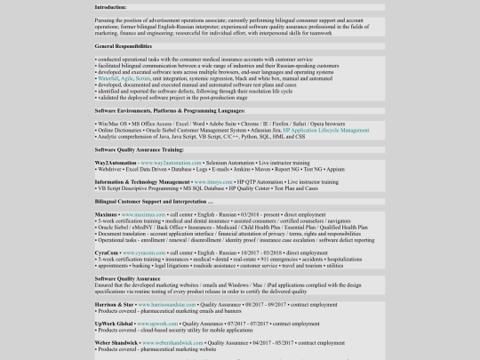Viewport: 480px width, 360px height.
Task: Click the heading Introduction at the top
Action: (110, 7)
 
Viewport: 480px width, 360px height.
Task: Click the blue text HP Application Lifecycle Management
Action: (325, 130)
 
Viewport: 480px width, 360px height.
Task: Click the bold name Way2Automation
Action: (116, 163)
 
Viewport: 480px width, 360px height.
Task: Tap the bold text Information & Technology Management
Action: (142, 182)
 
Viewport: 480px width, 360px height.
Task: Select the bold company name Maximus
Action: (106, 215)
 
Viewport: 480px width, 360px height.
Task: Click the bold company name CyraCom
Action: (107, 252)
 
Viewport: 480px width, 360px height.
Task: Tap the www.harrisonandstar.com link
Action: (166, 304)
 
